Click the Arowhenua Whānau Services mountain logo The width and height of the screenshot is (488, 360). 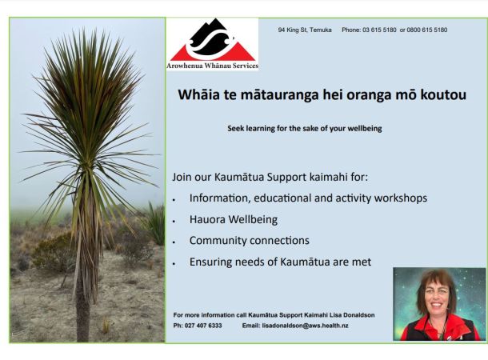(x=213, y=40)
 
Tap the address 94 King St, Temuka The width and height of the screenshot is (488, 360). (x=305, y=30)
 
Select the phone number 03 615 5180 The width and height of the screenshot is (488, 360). (x=379, y=30)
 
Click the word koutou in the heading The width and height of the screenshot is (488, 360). (x=443, y=95)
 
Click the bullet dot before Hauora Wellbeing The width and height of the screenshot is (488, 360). (x=174, y=222)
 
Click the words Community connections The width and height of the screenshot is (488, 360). (x=250, y=241)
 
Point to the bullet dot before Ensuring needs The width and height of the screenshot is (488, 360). (x=174, y=263)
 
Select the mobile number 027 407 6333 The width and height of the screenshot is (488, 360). (x=203, y=326)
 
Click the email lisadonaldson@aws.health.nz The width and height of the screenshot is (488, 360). (x=305, y=326)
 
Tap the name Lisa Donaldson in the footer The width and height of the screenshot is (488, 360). (x=352, y=315)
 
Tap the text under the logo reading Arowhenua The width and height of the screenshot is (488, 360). (x=184, y=66)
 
